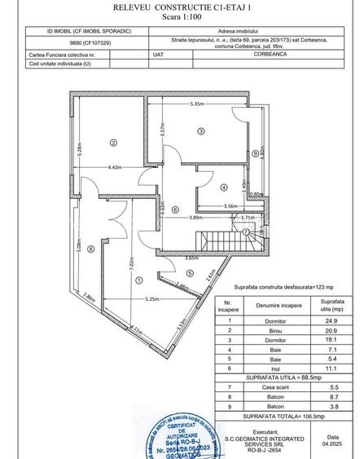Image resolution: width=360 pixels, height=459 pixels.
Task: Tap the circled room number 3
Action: click(x=199, y=130)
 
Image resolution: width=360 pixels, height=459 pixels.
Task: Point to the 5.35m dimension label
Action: click(x=198, y=104)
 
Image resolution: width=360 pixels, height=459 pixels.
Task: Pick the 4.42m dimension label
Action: click(x=114, y=167)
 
